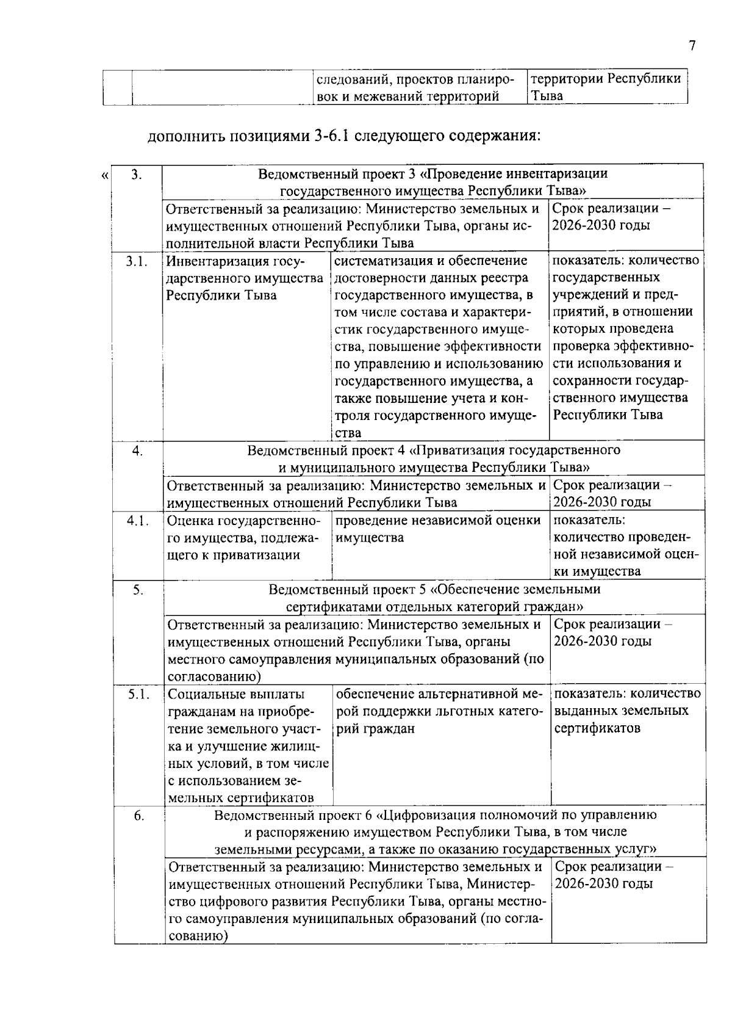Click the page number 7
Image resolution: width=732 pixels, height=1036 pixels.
tap(691, 46)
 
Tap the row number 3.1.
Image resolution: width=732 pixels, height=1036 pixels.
tap(137, 261)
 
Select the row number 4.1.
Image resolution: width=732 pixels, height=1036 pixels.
tap(138, 521)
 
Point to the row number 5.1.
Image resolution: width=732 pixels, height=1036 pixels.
tap(139, 694)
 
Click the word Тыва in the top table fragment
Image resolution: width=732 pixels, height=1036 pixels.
tap(546, 96)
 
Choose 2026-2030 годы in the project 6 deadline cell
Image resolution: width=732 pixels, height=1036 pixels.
tap(604, 884)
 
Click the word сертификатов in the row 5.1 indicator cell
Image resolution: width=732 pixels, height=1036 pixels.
tap(597, 728)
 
